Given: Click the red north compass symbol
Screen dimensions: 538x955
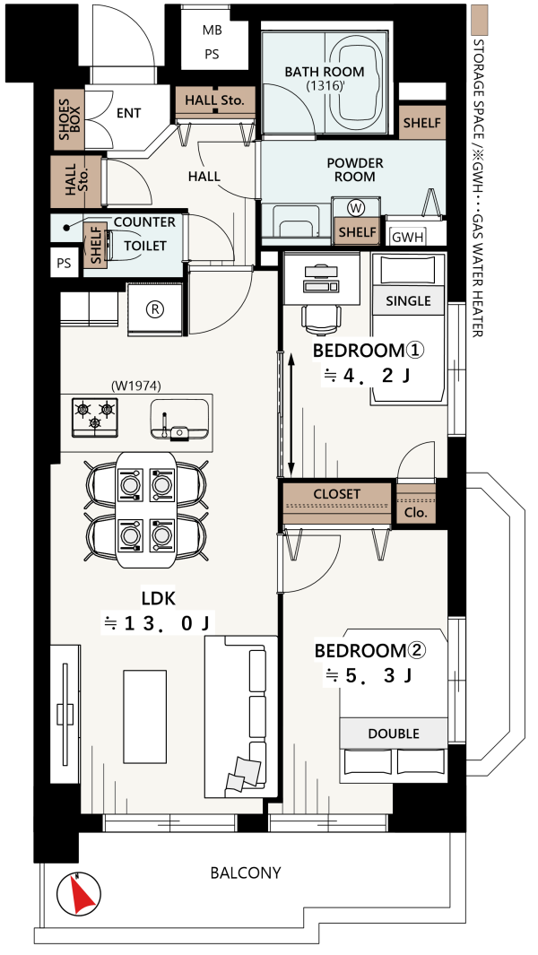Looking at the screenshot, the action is coord(79,894).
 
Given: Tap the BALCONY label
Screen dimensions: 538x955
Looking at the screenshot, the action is coord(246,873).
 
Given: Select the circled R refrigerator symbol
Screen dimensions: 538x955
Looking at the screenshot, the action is coord(155,308).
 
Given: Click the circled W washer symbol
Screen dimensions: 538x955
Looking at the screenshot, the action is coord(356,208).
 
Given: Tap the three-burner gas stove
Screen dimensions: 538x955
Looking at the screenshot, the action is coord(94,417).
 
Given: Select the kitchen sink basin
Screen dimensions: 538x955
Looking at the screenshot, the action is coord(179,419).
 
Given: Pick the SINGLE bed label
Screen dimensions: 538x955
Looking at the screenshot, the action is coord(408,301).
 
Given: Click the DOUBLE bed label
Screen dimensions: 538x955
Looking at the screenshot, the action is coord(394,734).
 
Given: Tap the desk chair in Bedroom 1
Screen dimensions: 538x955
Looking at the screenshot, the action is coord(321,318).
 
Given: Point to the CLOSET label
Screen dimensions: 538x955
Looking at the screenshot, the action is coord(337,494).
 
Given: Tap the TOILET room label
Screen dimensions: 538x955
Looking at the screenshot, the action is coord(145,246).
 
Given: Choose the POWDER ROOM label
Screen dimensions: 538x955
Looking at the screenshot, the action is coord(355,169).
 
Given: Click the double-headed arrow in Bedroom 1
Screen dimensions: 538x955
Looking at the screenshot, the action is coord(291,416).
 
